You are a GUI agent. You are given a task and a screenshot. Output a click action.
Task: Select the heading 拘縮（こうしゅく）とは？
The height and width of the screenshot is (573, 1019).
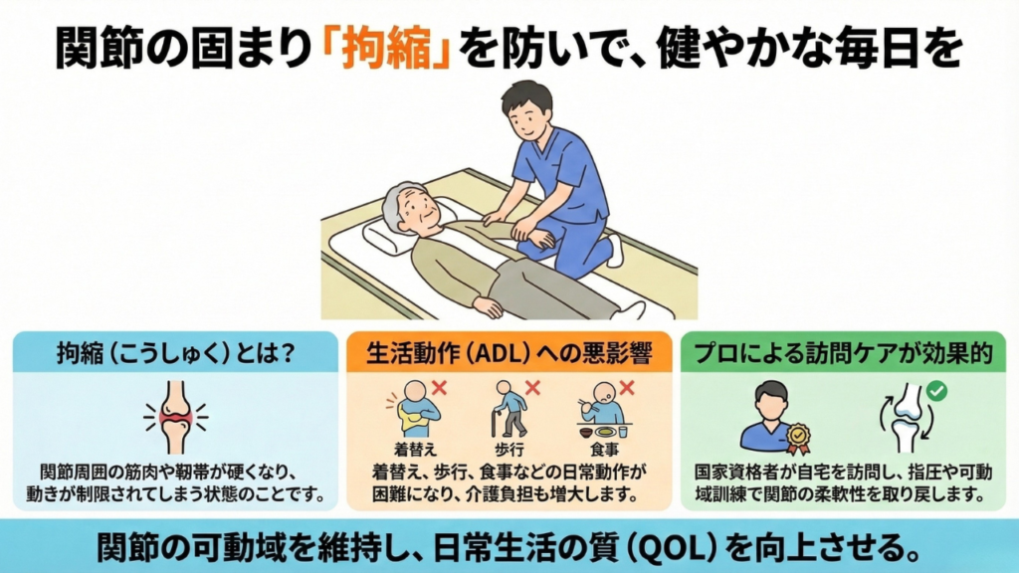[175, 353]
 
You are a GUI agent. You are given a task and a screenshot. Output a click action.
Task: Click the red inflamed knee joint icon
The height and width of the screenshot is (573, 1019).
[175, 417]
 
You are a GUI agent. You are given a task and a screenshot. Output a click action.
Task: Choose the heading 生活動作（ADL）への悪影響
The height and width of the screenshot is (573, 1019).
[509, 353]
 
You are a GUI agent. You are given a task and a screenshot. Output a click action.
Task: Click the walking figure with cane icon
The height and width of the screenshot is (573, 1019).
[509, 409]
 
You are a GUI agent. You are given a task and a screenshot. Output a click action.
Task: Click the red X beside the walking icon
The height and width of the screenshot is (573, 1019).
[533, 388]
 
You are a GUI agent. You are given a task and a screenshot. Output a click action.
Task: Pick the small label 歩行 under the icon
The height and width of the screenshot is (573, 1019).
[509, 450]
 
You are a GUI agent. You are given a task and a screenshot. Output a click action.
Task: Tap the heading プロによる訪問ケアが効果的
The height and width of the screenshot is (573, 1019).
[843, 353]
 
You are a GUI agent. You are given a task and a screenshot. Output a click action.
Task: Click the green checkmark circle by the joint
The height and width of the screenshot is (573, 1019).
[936, 390]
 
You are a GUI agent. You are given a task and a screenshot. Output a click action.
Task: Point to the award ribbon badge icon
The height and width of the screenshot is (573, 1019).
[798, 438]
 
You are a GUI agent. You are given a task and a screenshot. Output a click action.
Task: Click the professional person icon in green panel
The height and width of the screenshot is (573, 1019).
[771, 417]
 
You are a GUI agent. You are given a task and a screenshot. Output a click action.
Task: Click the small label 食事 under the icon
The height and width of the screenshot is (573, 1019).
[604, 450]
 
